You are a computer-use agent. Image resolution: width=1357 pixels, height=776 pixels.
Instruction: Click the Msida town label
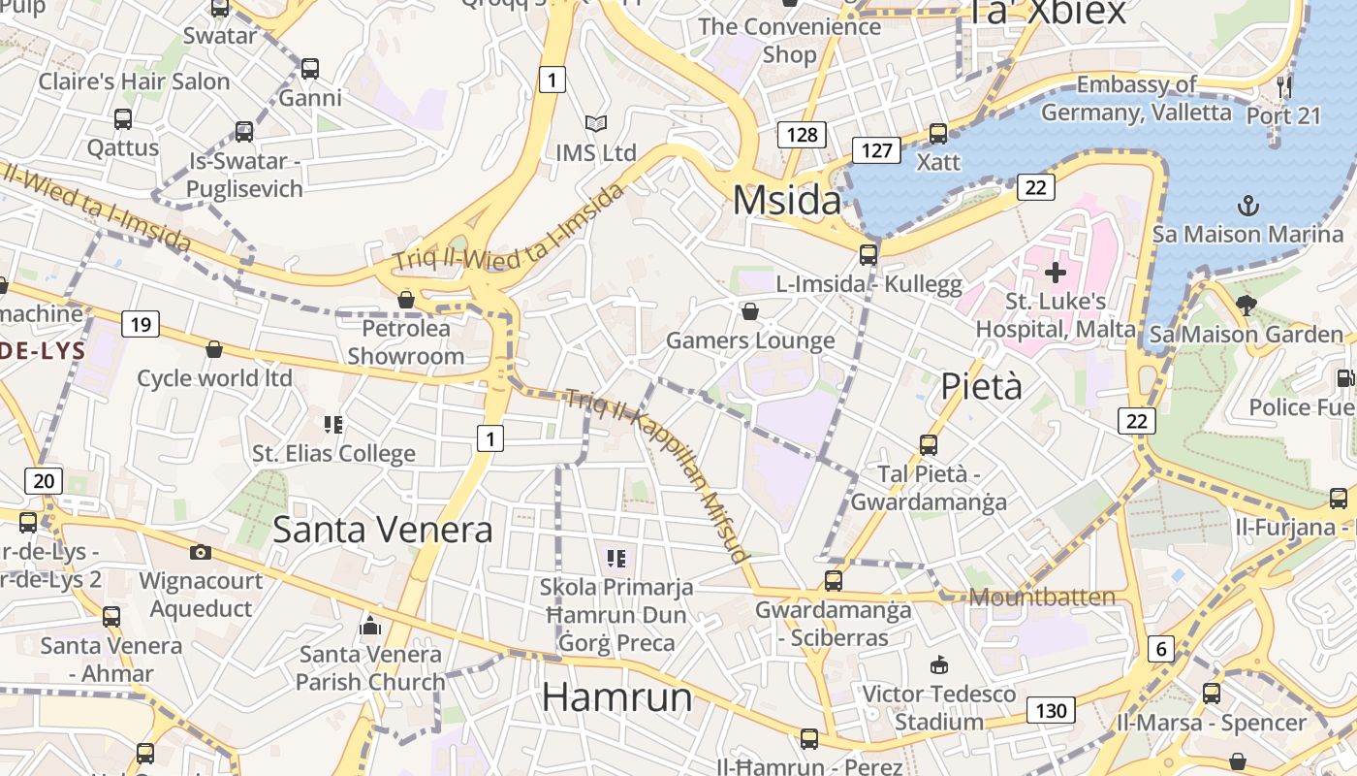[x=787, y=200]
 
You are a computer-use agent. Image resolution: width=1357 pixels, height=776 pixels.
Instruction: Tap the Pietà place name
[x=982, y=386]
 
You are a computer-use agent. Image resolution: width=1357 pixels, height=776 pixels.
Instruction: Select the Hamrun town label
[x=616, y=697]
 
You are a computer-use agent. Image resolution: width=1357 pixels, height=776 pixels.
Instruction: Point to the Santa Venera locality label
[x=382, y=530]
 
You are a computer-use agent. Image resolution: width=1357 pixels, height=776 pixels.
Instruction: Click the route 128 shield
[x=802, y=135]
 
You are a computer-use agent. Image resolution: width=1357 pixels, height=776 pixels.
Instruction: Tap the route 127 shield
[x=876, y=150]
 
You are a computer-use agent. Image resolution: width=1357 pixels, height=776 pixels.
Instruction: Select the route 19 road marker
[x=141, y=324]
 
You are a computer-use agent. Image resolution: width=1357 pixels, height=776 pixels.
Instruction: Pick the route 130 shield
[x=1051, y=711]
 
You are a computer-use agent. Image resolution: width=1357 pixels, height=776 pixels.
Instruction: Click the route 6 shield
[x=1160, y=649]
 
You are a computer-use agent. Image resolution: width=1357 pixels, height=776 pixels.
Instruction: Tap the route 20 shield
[x=44, y=480]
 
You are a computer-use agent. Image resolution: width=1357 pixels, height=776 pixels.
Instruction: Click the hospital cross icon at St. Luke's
[x=1056, y=273]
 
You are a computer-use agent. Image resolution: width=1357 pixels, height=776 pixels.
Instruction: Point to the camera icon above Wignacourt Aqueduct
[x=201, y=552]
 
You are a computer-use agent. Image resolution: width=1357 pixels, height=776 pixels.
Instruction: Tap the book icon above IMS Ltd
[x=595, y=123]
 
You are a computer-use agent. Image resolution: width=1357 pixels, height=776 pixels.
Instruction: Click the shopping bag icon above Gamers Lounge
[x=749, y=311]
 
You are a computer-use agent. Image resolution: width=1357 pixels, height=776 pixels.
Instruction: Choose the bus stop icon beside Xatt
[x=937, y=133]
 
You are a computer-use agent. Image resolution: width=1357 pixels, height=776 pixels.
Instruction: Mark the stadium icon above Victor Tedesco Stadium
[x=938, y=664]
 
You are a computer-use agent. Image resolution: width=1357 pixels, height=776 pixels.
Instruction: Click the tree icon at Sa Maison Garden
[x=1247, y=306]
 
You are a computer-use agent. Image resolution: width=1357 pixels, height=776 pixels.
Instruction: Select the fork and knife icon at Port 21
[x=1284, y=86]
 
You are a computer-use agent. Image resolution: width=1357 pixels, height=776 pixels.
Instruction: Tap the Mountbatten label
[x=1042, y=597]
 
